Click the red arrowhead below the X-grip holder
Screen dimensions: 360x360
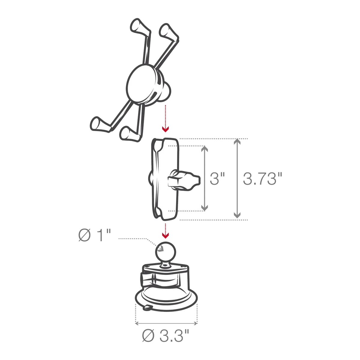(165, 129)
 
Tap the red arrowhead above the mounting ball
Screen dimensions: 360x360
(165, 235)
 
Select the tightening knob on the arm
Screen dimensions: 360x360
(184, 180)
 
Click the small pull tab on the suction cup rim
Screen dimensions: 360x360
(147, 307)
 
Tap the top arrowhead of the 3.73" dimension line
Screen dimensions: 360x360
(237, 142)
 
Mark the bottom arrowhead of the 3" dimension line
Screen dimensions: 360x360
(205, 208)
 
